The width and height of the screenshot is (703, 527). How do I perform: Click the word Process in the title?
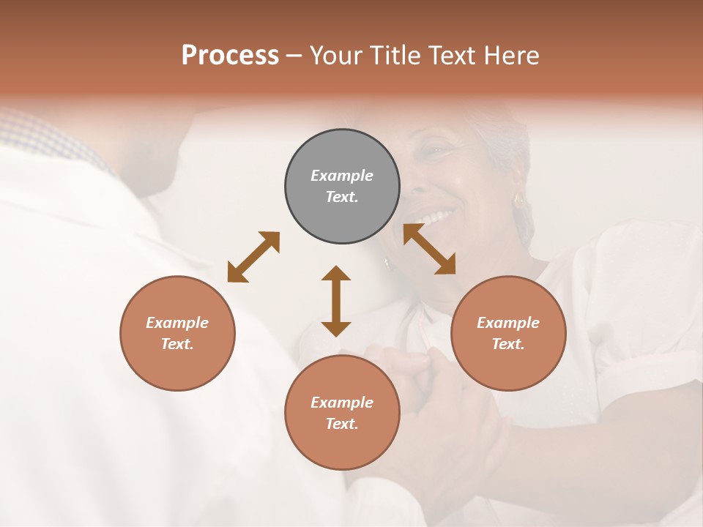pyautogui.click(x=230, y=56)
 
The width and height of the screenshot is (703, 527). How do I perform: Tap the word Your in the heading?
pyautogui.click(x=337, y=56)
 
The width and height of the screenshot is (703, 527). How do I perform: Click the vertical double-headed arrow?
pyautogui.click(x=336, y=301)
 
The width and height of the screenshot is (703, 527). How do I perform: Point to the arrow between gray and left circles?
pyautogui.click(x=253, y=257)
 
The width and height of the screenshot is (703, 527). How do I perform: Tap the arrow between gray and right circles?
pyautogui.click(x=429, y=249)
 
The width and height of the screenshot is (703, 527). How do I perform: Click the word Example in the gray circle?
pyautogui.click(x=342, y=176)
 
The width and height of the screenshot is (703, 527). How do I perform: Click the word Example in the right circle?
pyautogui.click(x=508, y=323)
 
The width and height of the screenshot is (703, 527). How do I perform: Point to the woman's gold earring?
pyautogui.click(x=519, y=200)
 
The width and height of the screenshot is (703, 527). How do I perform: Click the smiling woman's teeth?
pyautogui.click(x=439, y=217)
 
